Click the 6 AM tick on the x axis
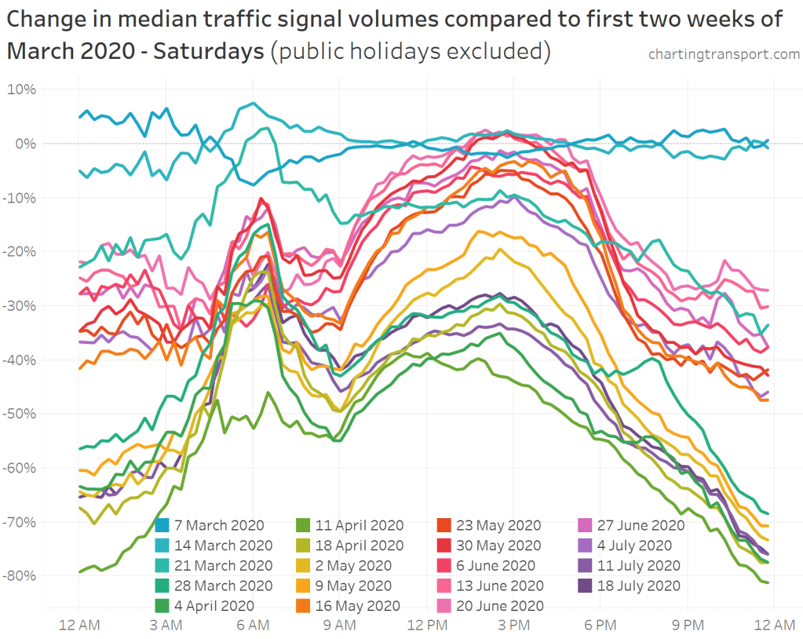[x=253, y=625]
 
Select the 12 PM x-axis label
[x=427, y=625]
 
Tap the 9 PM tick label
[x=688, y=625]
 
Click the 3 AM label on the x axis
[x=166, y=625]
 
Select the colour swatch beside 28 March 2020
[x=162, y=586]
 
